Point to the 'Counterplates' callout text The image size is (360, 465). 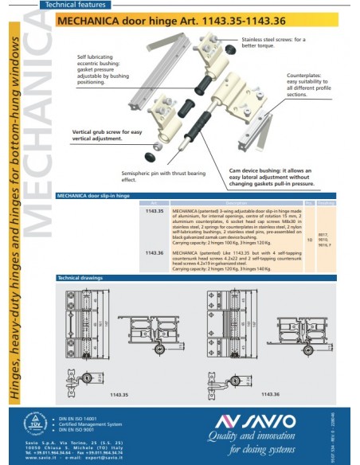tap(307, 84)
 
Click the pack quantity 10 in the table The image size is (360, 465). tap(309, 239)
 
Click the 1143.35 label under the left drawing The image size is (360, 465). tap(119, 394)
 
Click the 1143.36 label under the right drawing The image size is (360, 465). tap(270, 394)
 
